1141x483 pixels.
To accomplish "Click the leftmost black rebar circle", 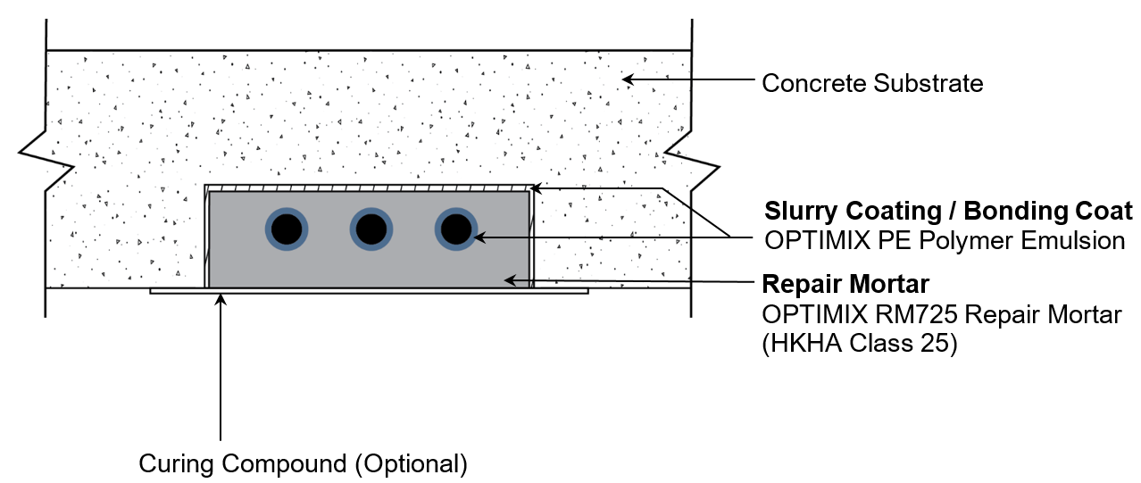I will tap(286, 230).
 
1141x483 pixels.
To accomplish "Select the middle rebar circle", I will tap(371, 230).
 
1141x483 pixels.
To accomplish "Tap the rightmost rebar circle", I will tap(455, 230).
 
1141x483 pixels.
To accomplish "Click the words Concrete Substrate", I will tap(871, 84).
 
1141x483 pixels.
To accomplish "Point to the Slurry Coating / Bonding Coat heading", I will tap(948, 212).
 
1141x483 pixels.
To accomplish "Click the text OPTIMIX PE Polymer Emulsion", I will tap(945, 241).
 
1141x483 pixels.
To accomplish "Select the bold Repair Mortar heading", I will tap(845, 285).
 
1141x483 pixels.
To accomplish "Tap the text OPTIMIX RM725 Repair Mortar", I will tap(941, 315).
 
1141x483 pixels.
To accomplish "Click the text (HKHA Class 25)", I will tap(859, 345).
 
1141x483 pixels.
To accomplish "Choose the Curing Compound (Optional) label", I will tap(303, 464).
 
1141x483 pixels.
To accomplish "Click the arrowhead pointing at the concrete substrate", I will tap(628, 79).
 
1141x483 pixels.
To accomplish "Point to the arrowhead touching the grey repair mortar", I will tap(510, 279).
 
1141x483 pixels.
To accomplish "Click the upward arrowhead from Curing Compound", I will tap(220, 300).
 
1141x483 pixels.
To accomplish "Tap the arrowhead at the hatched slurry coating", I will tap(537, 187).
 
